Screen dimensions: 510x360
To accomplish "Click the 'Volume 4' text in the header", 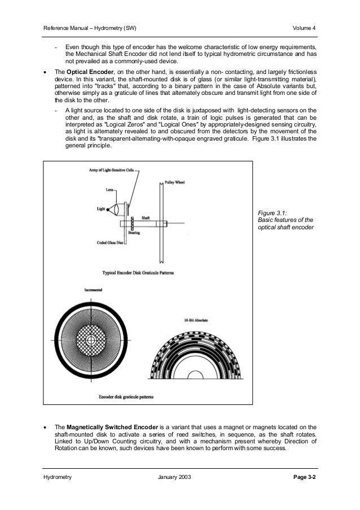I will click(305, 28).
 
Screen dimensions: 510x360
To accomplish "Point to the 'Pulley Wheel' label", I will click(174, 182).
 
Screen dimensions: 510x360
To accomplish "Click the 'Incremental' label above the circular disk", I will click(94, 290).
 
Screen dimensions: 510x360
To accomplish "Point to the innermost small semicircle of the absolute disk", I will click(196, 374).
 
